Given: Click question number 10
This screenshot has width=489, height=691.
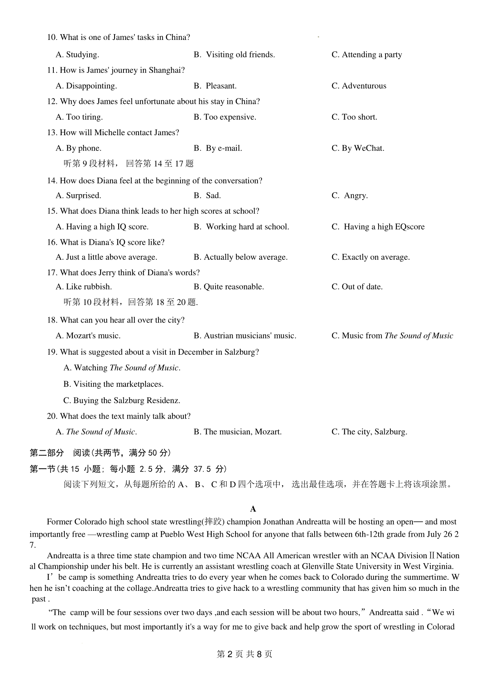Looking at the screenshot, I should (52, 37).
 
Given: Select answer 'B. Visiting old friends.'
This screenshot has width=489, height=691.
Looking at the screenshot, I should (234, 55).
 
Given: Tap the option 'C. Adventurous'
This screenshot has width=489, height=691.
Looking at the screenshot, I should (359, 86).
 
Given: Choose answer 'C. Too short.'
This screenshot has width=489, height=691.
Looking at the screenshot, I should (354, 117).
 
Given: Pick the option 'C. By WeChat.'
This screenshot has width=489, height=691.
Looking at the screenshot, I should (358, 148).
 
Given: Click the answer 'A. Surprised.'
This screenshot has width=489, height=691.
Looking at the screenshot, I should (78, 195).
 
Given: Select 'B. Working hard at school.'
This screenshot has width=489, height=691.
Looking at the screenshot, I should (241, 227).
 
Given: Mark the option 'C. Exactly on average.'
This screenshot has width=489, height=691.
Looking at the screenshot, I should (370, 257).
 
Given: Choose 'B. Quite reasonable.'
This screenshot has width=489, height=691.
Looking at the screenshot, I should (229, 287).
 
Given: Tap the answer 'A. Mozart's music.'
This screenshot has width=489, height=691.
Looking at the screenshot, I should (88, 336).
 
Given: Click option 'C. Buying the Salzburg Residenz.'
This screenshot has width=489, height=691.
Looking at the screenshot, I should (121, 401).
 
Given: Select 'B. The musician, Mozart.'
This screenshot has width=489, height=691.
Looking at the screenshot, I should (238, 432).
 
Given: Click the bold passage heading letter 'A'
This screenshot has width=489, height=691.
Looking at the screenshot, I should (253, 509).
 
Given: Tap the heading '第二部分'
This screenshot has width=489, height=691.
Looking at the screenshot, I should (47, 453).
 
